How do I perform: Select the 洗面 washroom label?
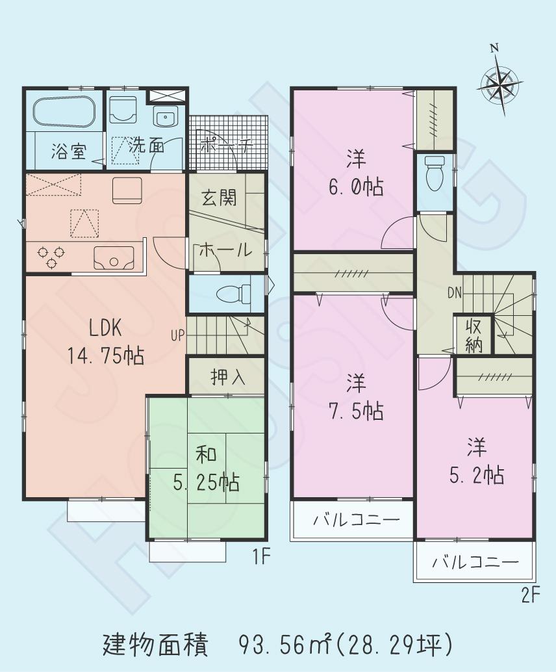click(145, 146)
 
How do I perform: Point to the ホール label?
click(224, 250)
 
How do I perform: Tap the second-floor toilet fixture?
click(433, 172)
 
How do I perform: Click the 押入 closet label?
click(227, 377)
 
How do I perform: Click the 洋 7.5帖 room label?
click(355, 397)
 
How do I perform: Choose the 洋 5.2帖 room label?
click(476, 462)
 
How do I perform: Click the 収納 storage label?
click(474, 336)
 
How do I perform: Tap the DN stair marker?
click(455, 293)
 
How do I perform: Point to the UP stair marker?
click(177, 336)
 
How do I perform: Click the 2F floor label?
click(530, 595)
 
